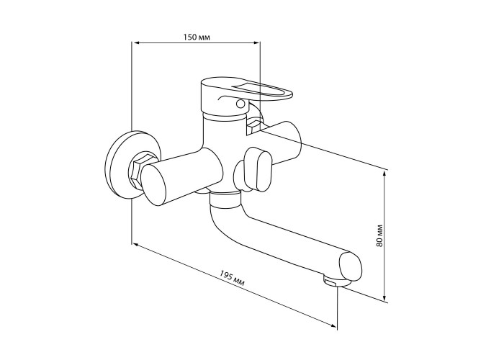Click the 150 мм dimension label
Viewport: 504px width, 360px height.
click(197, 37)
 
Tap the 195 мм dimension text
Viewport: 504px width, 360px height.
click(232, 278)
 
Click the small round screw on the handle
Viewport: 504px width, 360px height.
click(240, 104)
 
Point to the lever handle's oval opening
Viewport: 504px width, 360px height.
click(259, 90)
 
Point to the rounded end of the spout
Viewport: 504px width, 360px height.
click(350, 266)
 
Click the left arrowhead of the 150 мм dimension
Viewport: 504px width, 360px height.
click(137, 42)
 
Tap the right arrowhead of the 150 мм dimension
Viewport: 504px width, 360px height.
click(256, 42)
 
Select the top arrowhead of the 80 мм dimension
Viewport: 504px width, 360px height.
click(384, 175)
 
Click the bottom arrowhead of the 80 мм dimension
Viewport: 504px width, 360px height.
click(384, 297)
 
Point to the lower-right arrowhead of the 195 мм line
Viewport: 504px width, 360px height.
click(333, 325)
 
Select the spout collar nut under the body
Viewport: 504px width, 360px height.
click(225, 198)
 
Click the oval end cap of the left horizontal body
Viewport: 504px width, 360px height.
click(154, 183)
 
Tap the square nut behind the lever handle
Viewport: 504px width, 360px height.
click(255, 125)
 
